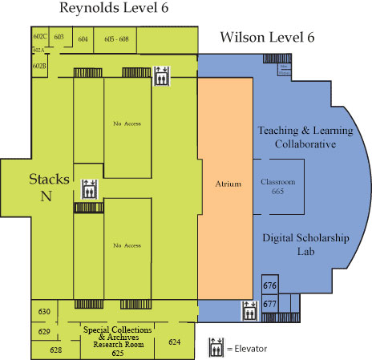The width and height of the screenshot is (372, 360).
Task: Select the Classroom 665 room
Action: tap(277, 186)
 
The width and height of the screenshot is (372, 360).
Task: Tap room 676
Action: tap(270, 286)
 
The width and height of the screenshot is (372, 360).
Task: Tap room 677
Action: tap(270, 305)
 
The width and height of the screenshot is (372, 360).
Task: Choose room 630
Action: tap(44, 312)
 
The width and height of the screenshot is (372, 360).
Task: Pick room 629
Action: tap(44, 331)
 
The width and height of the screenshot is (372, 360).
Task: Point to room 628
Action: tap(55, 350)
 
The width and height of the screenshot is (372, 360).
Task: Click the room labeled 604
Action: tap(83, 38)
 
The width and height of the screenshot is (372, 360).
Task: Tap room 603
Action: tap(59, 37)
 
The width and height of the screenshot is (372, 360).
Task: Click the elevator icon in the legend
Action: tap(216, 348)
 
